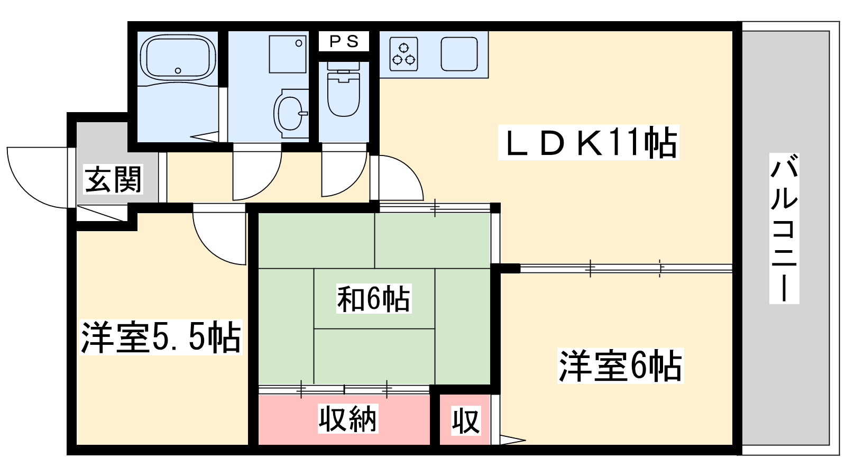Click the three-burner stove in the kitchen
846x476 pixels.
(x=403, y=54)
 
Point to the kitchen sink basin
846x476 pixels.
(x=459, y=54)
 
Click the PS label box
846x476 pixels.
(x=344, y=41)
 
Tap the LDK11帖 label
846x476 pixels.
(x=588, y=142)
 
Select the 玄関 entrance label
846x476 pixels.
(x=113, y=179)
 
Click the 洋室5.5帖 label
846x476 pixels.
(x=161, y=337)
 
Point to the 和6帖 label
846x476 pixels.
(x=373, y=299)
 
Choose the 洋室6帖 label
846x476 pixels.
(x=621, y=366)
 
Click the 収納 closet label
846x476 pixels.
(x=347, y=418)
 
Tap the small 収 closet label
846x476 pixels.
(x=466, y=420)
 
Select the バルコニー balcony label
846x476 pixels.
(x=784, y=228)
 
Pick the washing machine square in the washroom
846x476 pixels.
(x=288, y=54)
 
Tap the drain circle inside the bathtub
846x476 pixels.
(x=178, y=70)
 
